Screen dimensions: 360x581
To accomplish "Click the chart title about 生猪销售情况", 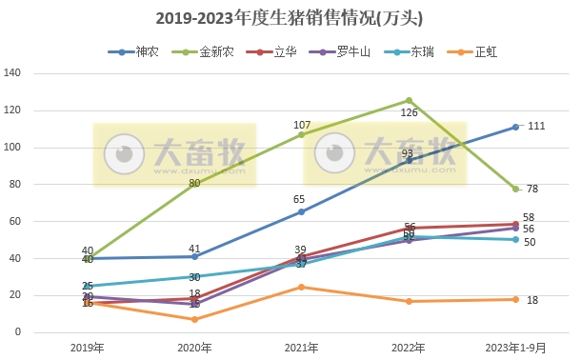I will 290,18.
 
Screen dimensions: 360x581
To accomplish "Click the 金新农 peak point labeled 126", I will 409,100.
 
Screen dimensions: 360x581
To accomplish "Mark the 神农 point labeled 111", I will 515,127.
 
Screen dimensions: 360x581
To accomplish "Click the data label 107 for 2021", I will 303,125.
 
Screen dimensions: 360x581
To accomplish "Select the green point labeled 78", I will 515,189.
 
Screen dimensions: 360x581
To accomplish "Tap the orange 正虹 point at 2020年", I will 194,319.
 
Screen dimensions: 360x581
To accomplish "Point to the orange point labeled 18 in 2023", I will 515,299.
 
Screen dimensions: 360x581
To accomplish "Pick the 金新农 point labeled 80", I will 194,183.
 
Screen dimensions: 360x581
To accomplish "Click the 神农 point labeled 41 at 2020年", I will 194,256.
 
